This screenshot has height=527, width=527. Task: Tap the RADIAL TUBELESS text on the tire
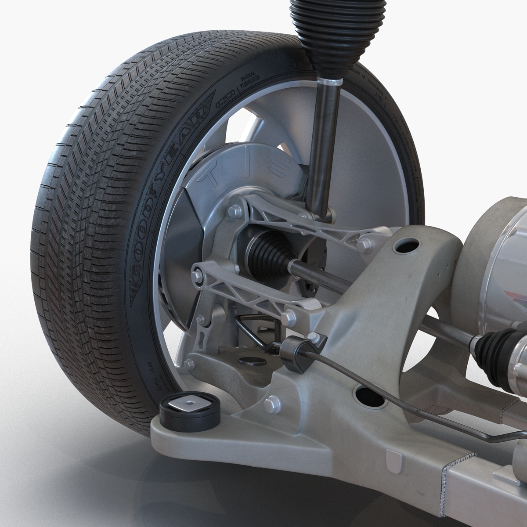coord(249,81)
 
